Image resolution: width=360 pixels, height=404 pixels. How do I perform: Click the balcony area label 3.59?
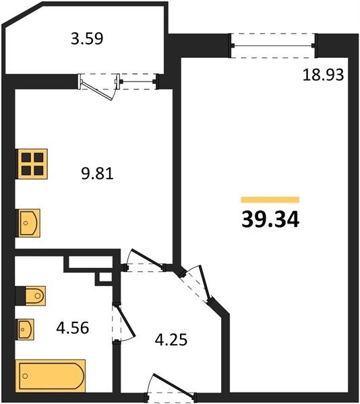click(x=87, y=38)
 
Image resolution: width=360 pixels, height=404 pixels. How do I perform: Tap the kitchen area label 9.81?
click(x=97, y=174)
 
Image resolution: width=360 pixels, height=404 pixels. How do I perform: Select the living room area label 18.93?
click(x=323, y=75)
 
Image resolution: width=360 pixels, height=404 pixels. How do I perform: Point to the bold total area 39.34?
click(x=270, y=220)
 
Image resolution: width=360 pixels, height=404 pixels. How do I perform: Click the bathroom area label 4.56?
click(x=73, y=328)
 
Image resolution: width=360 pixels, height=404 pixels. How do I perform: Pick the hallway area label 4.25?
click(x=171, y=339)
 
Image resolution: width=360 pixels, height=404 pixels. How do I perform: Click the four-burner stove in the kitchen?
click(x=32, y=164)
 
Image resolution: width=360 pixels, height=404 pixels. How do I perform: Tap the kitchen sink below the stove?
click(x=28, y=223)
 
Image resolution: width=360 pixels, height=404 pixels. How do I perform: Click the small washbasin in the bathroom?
click(x=25, y=329)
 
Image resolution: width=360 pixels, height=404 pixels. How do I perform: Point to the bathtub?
click(x=51, y=376)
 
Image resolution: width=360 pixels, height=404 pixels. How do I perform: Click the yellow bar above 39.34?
click(x=270, y=200)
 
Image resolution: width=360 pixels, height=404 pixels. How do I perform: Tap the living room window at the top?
click(x=273, y=46)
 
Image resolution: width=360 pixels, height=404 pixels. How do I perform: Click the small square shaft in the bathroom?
click(x=104, y=277)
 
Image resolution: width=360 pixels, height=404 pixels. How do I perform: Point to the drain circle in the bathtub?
click(x=25, y=376)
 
